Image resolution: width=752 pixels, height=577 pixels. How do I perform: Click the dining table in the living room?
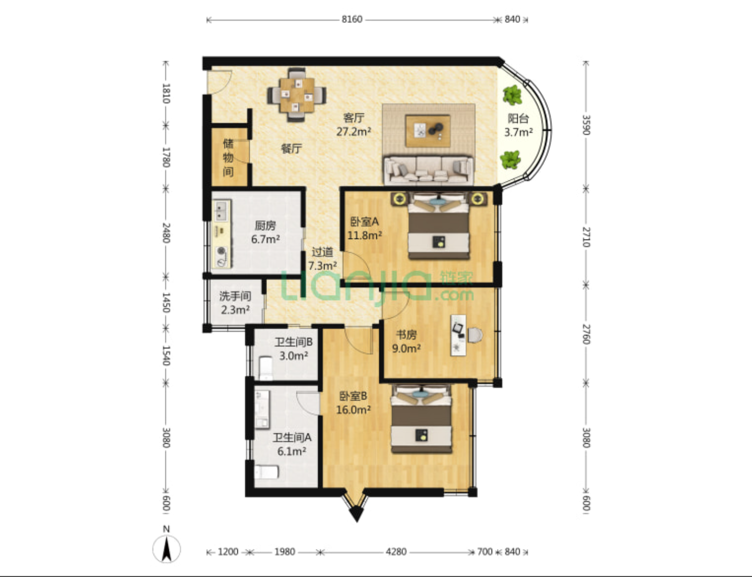point(296,95)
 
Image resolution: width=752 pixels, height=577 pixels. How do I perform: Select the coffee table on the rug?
point(428,131)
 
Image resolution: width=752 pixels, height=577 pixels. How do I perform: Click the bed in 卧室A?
point(438,226)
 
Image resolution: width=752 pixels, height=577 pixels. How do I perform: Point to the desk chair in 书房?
point(475,335)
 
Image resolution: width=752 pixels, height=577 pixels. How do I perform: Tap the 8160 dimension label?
point(352,19)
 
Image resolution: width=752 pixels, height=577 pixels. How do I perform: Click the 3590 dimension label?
point(586,125)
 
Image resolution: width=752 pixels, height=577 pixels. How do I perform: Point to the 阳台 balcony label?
point(518,119)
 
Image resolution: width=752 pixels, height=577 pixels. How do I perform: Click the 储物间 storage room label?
point(228,158)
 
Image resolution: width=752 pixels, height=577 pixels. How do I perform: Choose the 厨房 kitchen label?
point(265,226)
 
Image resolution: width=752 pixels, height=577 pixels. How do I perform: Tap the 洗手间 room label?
point(235,297)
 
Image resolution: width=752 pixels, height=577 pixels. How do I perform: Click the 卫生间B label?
point(293,342)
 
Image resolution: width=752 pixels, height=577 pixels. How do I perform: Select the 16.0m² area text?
point(353,410)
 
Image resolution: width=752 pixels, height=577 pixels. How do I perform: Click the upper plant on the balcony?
point(512,95)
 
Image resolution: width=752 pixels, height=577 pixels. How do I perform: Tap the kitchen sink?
point(221,210)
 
